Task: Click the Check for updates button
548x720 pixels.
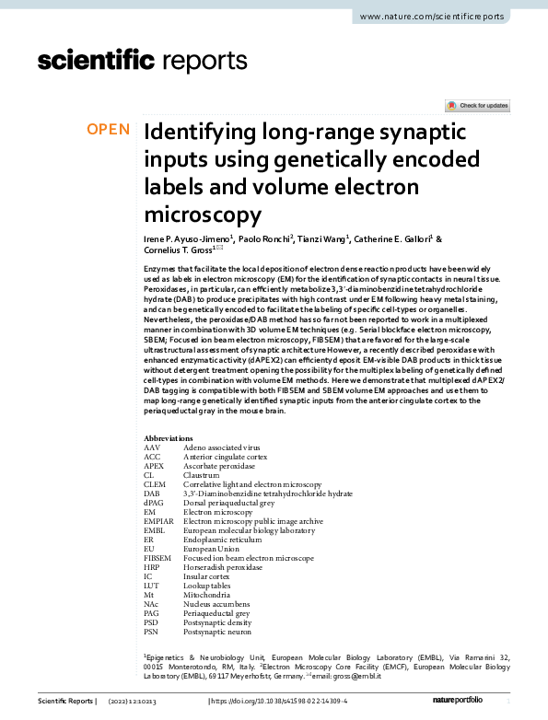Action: tap(477, 106)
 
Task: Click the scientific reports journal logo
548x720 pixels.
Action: tap(143, 61)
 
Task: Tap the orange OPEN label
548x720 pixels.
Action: tap(109, 130)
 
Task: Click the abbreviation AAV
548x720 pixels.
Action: tap(152, 447)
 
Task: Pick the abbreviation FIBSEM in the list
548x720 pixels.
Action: tap(157, 559)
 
